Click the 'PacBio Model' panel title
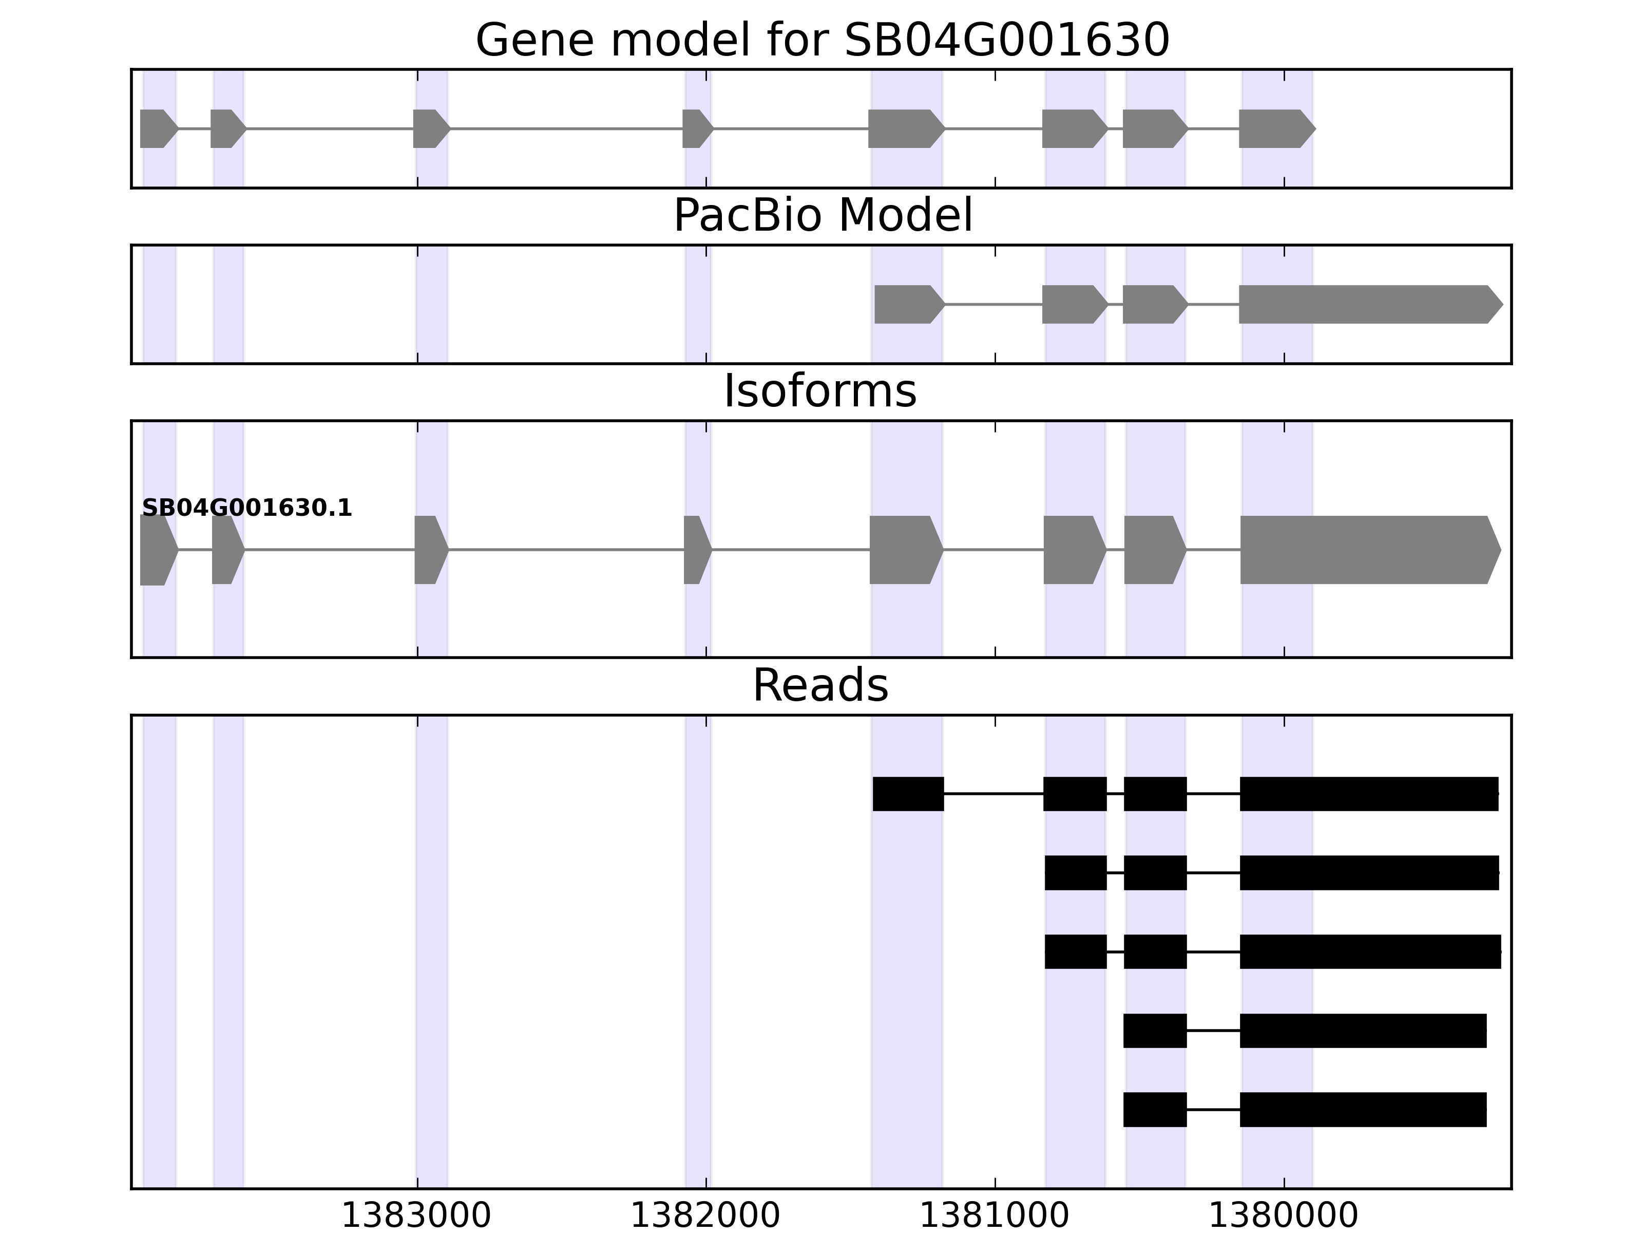coord(822,216)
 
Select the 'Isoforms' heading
coord(820,391)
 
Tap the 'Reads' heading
coord(820,685)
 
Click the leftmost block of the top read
coord(908,794)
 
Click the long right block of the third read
coord(1370,951)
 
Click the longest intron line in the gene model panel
coord(566,128)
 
